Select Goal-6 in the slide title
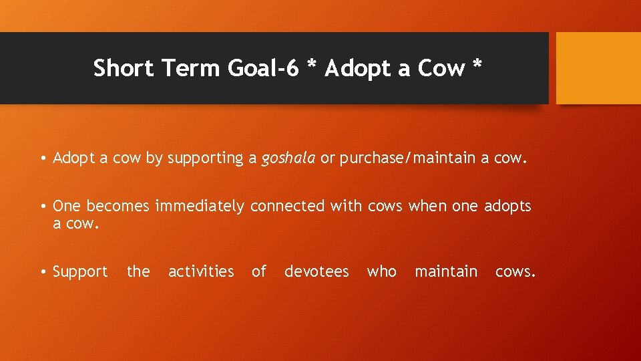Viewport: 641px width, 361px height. click(x=261, y=68)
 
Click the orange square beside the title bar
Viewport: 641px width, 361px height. click(x=598, y=68)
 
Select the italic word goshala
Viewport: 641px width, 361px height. click(x=288, y=158)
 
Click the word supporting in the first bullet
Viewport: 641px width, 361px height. click(x=205, y=158)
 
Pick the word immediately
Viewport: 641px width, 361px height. click(x=200, y=206)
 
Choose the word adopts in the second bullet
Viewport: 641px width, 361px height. click(x=507, y=206)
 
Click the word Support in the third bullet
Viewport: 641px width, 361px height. click(x=80, y=271)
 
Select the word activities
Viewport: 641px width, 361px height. click(x=201, y=271)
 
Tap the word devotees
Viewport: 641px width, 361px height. click(x=316, y=271)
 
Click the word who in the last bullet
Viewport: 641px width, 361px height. click(x=382, y=271)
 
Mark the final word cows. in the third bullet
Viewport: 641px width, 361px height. click(x=515, y=271)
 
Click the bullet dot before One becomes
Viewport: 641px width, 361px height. click(x=42, y=207)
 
